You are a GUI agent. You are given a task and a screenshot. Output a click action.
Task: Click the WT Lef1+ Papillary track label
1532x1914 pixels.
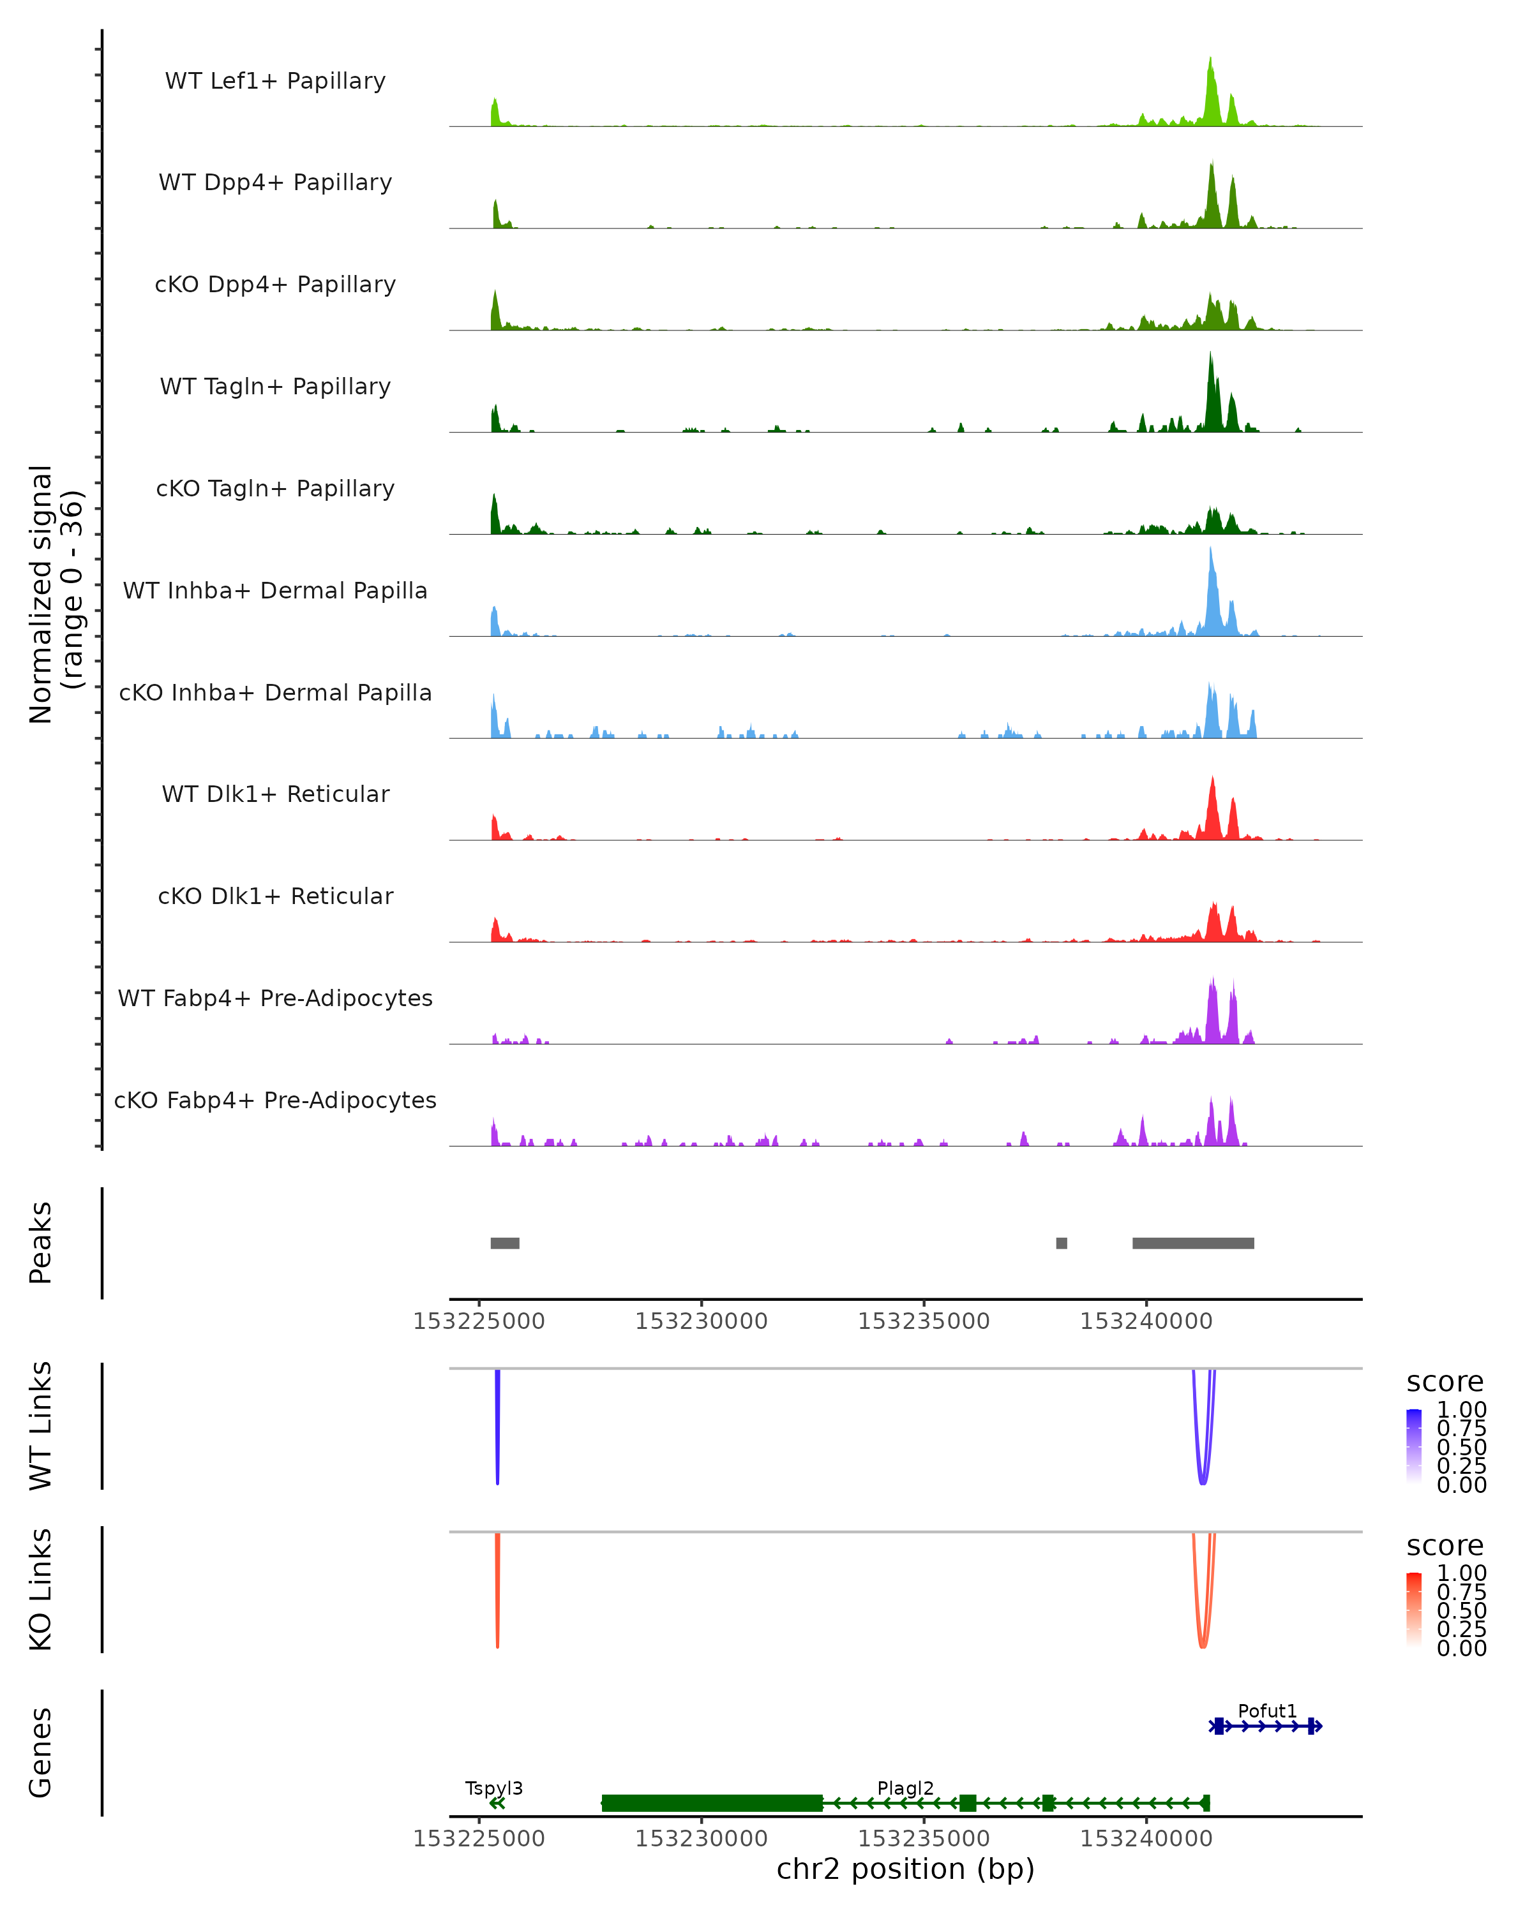[x=275, y=81]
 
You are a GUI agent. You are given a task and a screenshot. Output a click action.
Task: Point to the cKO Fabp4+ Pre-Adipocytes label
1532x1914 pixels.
[x=275, y=1100]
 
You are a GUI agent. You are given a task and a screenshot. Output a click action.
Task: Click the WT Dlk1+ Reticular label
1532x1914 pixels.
[x=275, y=794]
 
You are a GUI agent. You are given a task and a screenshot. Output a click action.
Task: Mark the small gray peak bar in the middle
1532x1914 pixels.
[x=1062, y=1243]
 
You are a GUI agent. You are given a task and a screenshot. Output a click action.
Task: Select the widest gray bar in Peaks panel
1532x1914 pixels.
[x=1193, y=1243]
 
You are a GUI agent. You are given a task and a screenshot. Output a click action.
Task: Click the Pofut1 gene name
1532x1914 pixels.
[x=1267, y=1710]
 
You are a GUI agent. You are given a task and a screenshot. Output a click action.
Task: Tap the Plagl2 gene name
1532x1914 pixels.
[x=905, y=1788]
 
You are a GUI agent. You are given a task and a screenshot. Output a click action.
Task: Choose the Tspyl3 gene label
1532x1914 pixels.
[x=494, y=1788]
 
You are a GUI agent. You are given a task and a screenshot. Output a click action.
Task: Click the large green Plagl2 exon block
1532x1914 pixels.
[x=712, y=1803]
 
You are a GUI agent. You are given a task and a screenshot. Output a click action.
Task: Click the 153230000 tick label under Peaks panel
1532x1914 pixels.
[x=701, y=1321]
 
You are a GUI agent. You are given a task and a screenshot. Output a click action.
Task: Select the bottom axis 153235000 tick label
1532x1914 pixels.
[x=924, y=1839]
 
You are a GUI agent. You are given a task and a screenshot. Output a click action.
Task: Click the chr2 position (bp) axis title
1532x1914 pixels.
[x=905, y=1869]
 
